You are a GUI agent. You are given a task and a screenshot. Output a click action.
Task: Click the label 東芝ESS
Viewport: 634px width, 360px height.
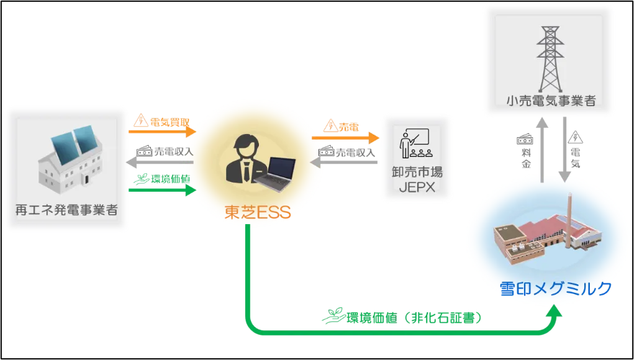pyautogui.click(x=258, y=213)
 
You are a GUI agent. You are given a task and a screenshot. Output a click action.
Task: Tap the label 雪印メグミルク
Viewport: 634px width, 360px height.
pyautogui.click(x=555, y=289)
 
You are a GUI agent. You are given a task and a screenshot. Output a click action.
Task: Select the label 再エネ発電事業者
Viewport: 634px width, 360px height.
pyautogui.click(x=66, y=210)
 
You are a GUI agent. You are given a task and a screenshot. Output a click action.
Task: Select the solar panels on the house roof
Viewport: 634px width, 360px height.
pyautogui.click(x=73, y=145)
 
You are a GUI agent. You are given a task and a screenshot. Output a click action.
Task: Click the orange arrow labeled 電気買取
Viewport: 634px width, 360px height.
pyautogui.click(x=162, y=132)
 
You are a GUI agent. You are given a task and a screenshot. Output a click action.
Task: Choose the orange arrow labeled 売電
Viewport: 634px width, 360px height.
pyautogui.click(x=346, y=138)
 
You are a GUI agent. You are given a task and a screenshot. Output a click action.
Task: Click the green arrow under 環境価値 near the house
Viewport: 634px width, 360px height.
pyautogui.click(x=162, y=190)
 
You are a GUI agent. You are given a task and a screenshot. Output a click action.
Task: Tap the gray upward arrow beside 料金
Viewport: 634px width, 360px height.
pyautogui.click(x=542, y=150)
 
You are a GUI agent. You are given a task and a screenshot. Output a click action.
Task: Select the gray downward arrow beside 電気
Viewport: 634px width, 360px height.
pyautogui.click(x=564, y=150)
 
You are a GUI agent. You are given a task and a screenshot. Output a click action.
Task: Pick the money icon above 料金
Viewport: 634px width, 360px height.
pyautogui.click(x=525, y=140)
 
